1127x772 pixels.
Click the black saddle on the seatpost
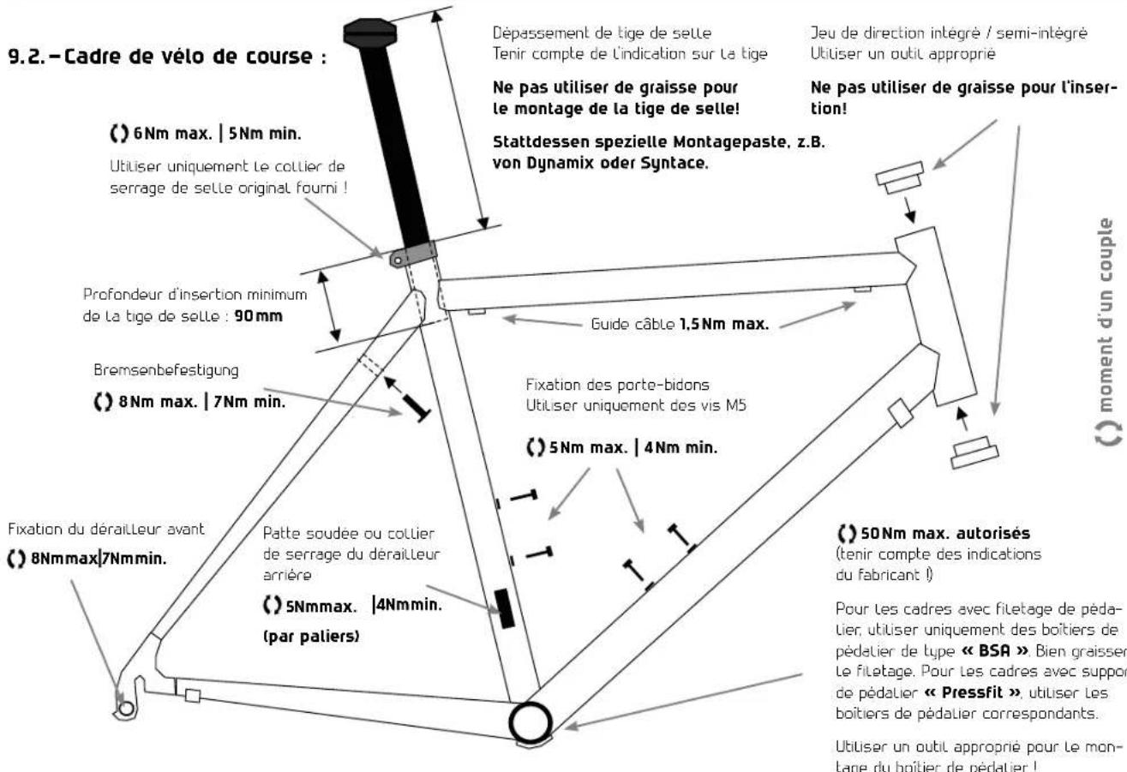coord(367,32)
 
